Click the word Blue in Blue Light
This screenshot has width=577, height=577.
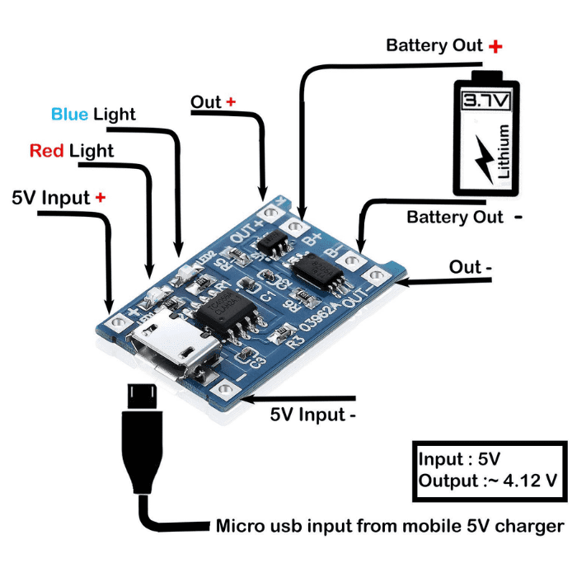[70, 114]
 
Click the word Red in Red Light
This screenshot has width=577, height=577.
[47, 151]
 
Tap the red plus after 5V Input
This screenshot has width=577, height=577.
[101, 197]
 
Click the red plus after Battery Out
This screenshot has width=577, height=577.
[495, 46]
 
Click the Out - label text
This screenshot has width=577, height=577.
[471, 268]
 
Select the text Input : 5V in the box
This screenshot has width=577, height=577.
[459, 459]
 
